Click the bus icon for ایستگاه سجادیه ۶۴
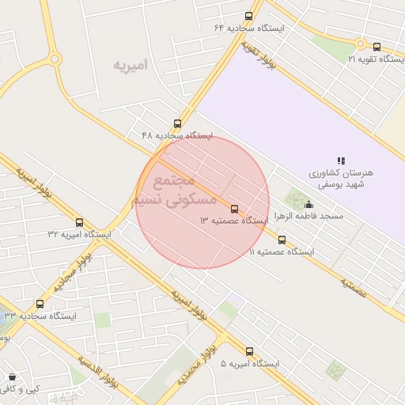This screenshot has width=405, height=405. coord(249,16)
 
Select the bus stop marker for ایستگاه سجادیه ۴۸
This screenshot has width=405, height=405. coord(177,123)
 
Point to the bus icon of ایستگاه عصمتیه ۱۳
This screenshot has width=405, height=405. coord(234,209)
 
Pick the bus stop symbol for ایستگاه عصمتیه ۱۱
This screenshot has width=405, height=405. coord(282,240)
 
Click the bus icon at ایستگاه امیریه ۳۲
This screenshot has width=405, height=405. coord(79,222)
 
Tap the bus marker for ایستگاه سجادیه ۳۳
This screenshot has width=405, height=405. coord(40,304)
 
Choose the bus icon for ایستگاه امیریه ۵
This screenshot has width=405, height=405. coord(250,351)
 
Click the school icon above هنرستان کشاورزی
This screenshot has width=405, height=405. coord(341,161)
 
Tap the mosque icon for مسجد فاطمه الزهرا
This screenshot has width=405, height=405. coord(308,204)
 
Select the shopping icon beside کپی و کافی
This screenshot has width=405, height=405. coord(11,377)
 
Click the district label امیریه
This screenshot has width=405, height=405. coord(130,64)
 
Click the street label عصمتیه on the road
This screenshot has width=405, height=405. coord(355,286)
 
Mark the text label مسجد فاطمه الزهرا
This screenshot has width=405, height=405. coord(308,217)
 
